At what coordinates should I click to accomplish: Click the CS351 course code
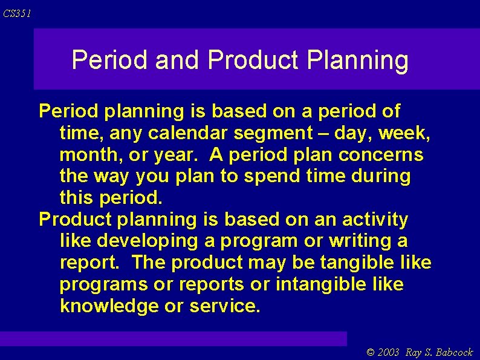click(16, 13)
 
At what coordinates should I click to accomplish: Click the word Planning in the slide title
click(357, 61)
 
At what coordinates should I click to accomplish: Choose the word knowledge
click(109, 306)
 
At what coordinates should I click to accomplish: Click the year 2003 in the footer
click(388, 352)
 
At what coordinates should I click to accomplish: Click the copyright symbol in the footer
click(371, 352)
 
